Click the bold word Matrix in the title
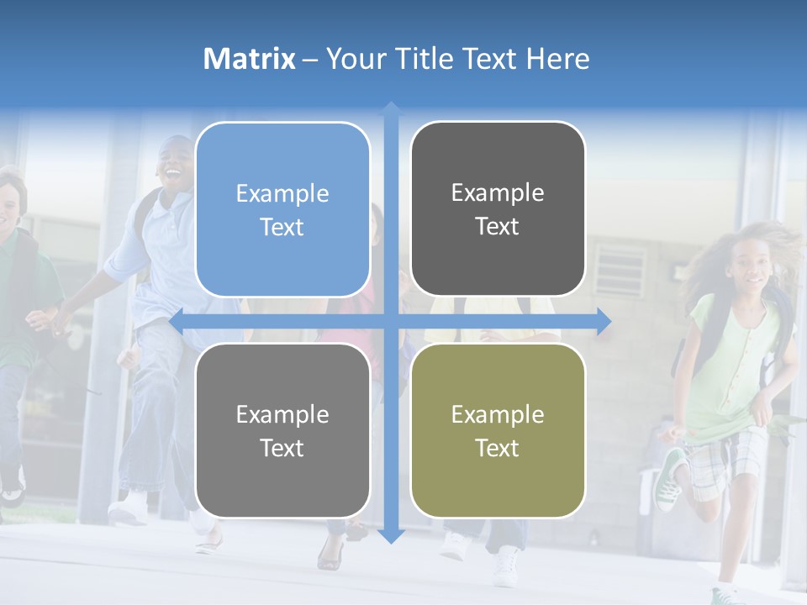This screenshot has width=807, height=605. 250,59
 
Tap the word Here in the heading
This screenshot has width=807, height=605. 557,59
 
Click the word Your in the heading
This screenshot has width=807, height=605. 352,59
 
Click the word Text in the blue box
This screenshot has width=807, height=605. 282,227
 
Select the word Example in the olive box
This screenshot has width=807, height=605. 498,414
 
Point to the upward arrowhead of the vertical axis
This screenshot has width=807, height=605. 391,108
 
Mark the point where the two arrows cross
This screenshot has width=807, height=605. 391,321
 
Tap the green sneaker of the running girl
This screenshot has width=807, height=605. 671,479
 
